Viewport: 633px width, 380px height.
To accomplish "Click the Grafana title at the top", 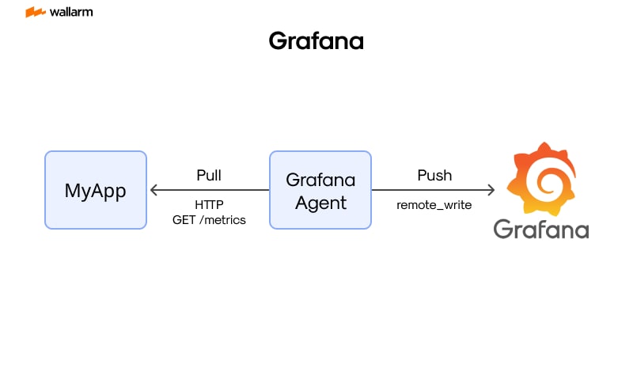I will coord(316,41).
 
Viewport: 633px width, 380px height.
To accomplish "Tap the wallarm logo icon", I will coord(35,13).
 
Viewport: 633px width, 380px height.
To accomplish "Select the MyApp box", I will coord(96,190).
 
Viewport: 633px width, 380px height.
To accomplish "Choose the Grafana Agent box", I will coord(320,190).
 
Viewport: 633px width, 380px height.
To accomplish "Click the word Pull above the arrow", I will coord(209,175).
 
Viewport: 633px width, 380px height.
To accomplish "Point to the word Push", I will coord(434,175).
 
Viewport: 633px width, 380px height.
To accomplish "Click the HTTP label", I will coord(209,204).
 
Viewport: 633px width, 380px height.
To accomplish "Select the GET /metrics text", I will coord(209,219).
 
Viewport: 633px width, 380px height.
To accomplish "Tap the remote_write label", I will coord(434,205).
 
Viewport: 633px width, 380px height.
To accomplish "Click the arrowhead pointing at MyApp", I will coord(154,190).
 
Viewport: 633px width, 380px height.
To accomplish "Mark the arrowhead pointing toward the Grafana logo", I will coord(491,190).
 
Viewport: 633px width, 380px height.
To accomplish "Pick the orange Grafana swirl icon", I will coord(541,177).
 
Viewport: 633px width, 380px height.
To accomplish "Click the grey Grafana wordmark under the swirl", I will coord(541,229).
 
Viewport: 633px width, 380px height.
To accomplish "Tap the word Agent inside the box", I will coord(320,203).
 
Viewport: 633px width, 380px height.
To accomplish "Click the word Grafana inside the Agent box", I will coord(320,180).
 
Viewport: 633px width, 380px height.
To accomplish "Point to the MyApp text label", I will coord(96,191).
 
